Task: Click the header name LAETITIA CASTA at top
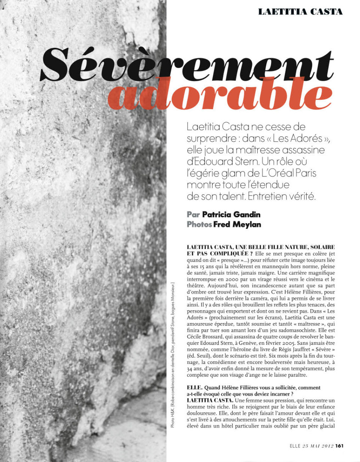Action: coord(300,12)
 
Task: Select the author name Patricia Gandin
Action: coord(231,214)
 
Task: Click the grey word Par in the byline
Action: coord(193,214)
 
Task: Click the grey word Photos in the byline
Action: coord(199,224)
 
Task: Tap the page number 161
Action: coord(339,446)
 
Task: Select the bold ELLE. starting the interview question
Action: coord(194,388)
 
